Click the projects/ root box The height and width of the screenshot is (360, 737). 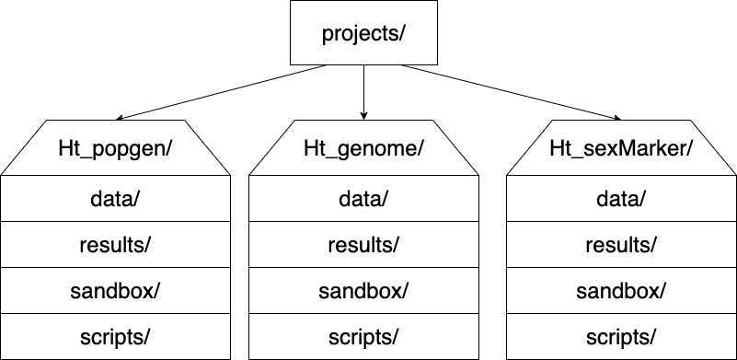[x=364, y=35]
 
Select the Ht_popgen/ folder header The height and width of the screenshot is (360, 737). [x=115, y=148]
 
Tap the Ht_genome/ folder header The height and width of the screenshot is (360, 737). [x=363, y=148]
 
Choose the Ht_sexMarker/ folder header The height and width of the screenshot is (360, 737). [x=620, y=148]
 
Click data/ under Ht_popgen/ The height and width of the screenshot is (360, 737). [x=115, y=198]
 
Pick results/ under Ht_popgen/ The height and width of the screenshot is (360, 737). [x=115, y=244]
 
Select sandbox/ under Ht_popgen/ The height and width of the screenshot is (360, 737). [x=115, y=290]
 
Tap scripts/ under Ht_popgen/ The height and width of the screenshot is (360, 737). [x=115, y=336]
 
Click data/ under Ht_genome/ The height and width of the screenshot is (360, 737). [x=363, y=198]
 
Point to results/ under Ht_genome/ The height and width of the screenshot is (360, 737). [x=363, y=244]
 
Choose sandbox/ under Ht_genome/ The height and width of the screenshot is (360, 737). [x=363, y=290]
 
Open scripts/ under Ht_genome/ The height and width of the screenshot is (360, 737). [x=363, y=336]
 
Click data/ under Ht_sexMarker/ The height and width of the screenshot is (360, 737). [x=620, y=198]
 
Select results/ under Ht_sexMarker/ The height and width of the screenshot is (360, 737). [x=620, y=244]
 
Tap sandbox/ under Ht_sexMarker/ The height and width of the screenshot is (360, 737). [x=620, y=290]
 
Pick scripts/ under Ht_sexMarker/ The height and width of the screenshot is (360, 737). [x=620, y=336]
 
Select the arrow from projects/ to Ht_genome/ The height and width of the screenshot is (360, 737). [x=364, y=92]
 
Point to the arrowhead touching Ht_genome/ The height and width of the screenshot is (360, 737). [x=364, y=114]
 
